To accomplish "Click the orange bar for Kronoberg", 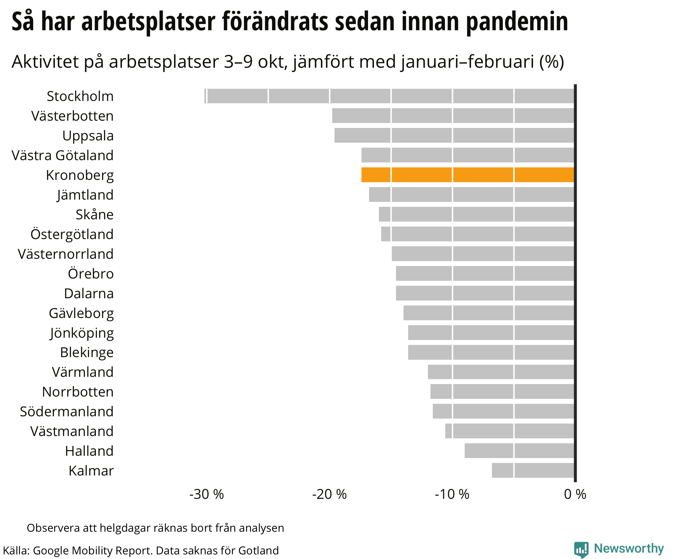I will coord(467,175).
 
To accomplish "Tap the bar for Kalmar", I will coord(533,470).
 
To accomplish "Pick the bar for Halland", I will coord(519,450).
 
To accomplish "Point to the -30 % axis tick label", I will coord(206,494).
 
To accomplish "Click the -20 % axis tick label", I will coord(329,494).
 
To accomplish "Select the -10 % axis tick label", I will coord(452,494).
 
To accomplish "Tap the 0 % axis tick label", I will coord(575,494).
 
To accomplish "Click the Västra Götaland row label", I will coord(62,155).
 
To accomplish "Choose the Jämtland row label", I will coord(85,195).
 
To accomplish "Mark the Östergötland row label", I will coord(72,234).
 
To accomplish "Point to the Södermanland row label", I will coord(67,411).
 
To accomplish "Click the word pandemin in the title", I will coord(517,21).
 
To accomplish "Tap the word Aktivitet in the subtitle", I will coord(45,61).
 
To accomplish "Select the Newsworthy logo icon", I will coord(581,549).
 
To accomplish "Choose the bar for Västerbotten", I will coord(453,116).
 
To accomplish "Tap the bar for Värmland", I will coord(500,372).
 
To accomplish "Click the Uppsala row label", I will coord(88,135).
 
